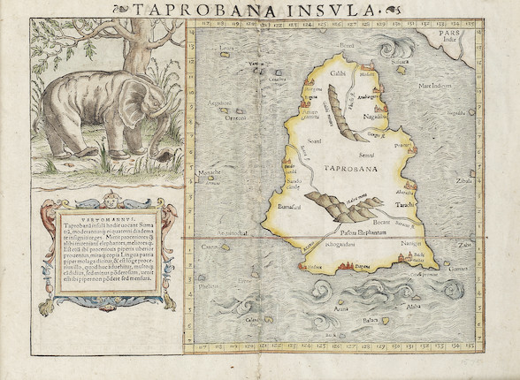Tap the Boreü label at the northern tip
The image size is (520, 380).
[x=346, y=43]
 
